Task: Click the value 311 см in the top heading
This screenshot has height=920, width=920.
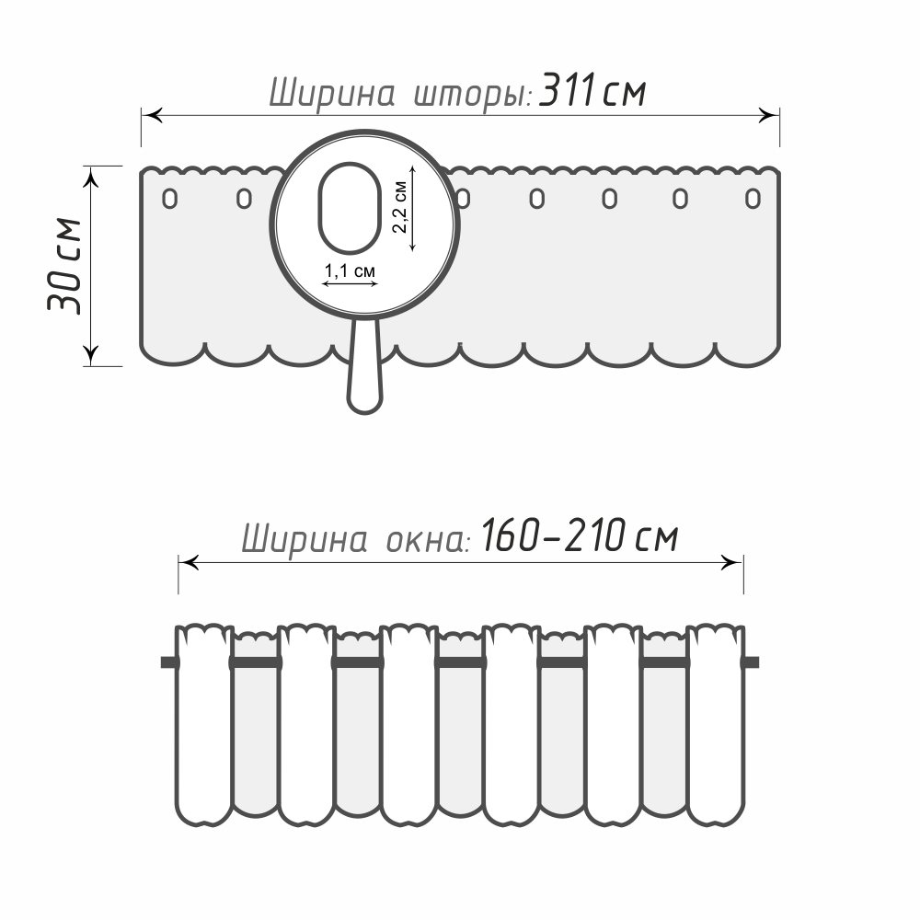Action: [592, 91]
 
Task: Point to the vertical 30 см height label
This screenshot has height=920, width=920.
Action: [64, 266]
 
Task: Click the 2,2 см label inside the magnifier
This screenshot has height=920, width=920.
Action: [399, 207]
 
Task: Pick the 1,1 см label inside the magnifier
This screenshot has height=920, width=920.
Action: [350, 271]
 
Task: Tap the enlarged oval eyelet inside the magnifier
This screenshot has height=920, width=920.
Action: [350, 208]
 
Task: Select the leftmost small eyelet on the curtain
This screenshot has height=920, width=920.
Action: [169, 199]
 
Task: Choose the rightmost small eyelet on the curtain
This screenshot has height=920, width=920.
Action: [753, 199]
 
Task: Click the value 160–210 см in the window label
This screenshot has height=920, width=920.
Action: [580, 535]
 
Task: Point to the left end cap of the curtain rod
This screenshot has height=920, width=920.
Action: [168, 662]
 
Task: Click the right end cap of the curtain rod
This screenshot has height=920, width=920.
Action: [752, 662]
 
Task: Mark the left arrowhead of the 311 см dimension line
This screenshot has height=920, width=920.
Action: [152, 115]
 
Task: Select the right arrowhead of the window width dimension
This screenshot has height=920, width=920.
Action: [731, 563]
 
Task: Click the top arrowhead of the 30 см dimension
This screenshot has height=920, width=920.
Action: [91, 177]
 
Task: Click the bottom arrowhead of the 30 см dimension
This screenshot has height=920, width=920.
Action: [91, 355]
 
